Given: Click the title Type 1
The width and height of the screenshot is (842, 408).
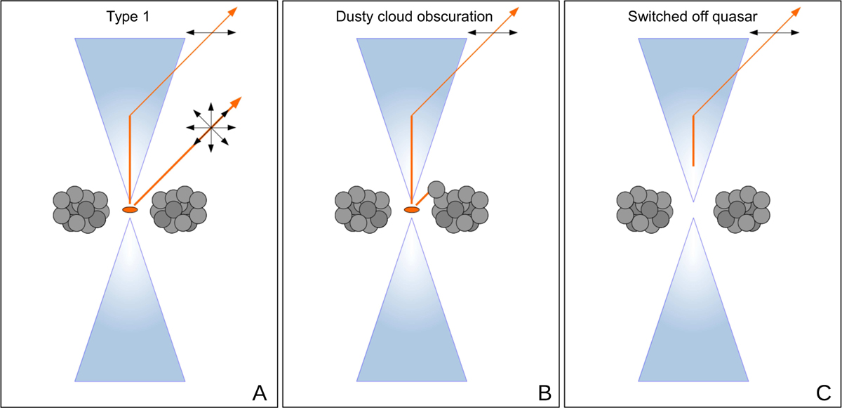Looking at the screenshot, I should pos(130,15).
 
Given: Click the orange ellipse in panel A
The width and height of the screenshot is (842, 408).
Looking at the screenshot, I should pos(130,209).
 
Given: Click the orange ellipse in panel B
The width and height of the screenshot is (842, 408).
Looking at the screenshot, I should pos(412,209).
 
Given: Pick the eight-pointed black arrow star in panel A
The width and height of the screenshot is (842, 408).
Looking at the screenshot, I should pos(211,127).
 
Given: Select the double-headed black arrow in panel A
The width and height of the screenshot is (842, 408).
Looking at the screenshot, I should pos(211,32).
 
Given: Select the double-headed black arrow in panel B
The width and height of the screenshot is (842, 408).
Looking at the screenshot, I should pos(493,32).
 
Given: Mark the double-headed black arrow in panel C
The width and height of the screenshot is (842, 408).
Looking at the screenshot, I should pos(775,32).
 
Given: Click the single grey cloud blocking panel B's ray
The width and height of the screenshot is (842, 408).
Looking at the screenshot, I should pos(436,189).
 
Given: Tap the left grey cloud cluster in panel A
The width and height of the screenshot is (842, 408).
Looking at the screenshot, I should pos(81,209).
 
